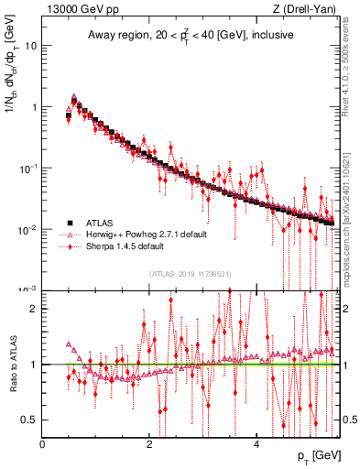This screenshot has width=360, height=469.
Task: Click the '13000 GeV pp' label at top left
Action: pyautogui.click(x=76, y=10)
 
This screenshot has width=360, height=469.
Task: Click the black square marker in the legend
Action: pyautogui.click(x=70, y=223)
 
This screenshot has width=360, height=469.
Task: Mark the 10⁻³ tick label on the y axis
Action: pyautogui.click(x=27, y=289)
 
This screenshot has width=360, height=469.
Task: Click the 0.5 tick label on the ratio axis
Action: pyautogui.click(x=29, y=420)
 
